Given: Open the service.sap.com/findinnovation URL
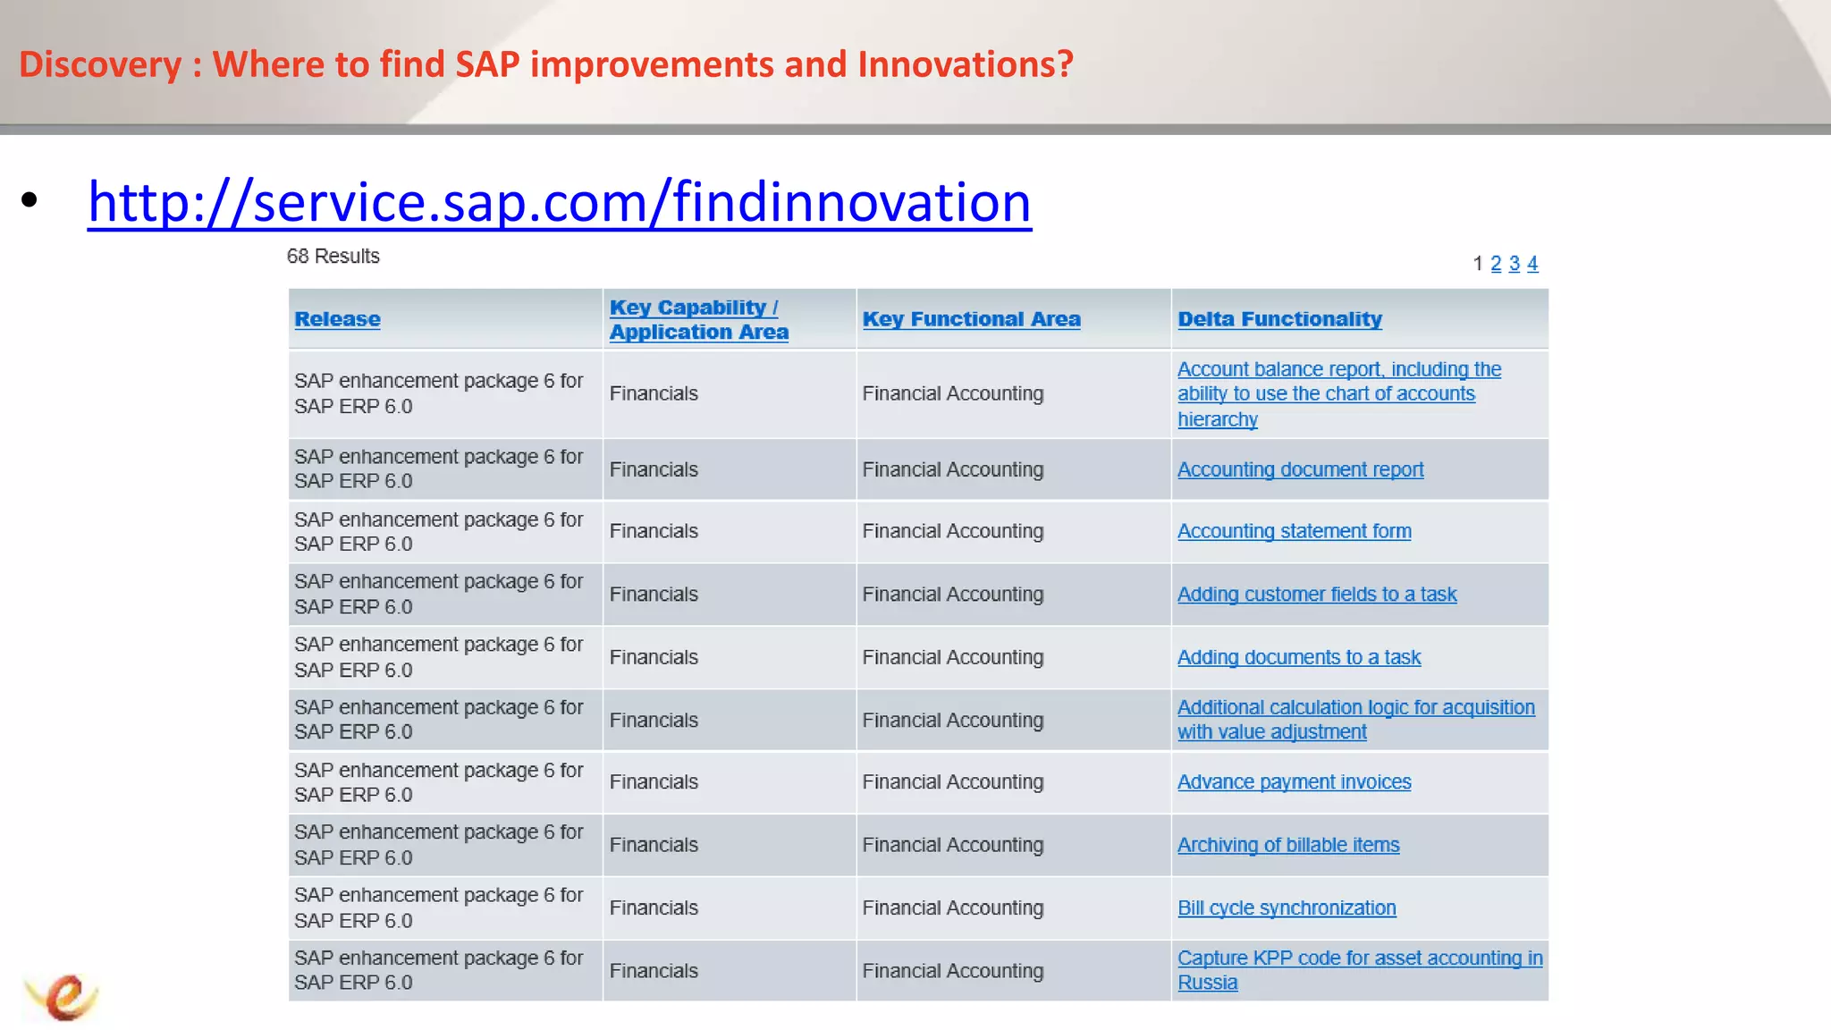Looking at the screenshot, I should point(559,202).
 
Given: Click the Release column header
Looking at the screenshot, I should point(337,319).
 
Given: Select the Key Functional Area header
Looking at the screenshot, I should point(971,319).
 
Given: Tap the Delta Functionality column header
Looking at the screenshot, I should point(1279,319).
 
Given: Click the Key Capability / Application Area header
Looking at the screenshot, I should point(698,319).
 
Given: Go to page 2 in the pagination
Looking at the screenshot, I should point(1496,264).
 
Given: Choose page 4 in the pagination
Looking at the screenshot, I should point(1532,264).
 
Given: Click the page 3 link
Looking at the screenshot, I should point(1515,264).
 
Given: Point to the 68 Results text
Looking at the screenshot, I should point(333,257).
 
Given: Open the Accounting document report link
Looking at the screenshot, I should point(1300,469).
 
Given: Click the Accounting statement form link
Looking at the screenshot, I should point(1294,531).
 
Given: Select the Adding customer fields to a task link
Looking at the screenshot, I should point(1316,595).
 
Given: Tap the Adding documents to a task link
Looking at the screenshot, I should point(1298,657).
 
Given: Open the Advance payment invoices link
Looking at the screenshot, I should point(1294,782).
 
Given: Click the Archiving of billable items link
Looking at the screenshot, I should point(1287,845).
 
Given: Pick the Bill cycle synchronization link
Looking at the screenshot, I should point(1286,908).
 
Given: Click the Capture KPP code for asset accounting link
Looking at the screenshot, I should point(1359,958).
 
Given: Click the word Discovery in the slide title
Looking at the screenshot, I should point(100,64).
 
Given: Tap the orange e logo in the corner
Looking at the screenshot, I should point(63,996).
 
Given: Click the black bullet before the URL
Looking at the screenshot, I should point(30,200).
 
